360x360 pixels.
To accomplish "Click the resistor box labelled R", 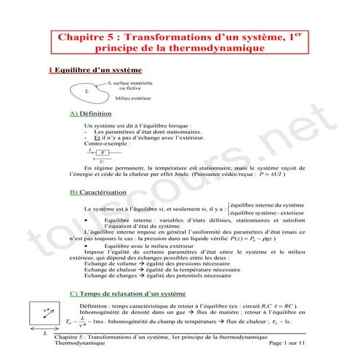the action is coord(103,153).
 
